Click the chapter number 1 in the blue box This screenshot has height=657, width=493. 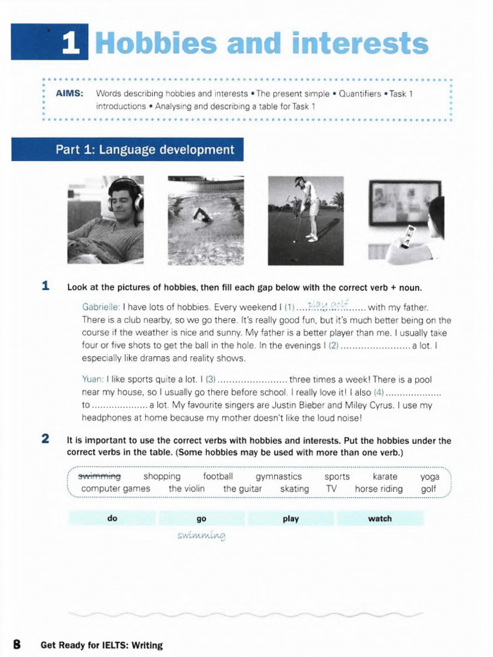coord(71,44)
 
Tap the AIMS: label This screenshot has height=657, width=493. coord(69,94)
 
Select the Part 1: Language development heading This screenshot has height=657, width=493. coord(144,150)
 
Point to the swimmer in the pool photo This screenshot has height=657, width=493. coord(202,215)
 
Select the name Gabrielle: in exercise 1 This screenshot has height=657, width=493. coord(101,307)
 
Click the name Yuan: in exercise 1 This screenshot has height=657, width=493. coord(93,379)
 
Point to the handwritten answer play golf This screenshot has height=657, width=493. coord(327,305)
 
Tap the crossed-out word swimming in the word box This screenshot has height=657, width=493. coord(99,477)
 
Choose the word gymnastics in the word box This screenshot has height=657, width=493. coord(279,477)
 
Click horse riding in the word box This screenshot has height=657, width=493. coord(379,489)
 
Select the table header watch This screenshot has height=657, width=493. coord(379,518)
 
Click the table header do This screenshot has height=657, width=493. coord(112,518)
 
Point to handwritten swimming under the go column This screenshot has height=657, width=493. coord(202,535)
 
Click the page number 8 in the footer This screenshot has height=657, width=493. coord(17,644)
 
